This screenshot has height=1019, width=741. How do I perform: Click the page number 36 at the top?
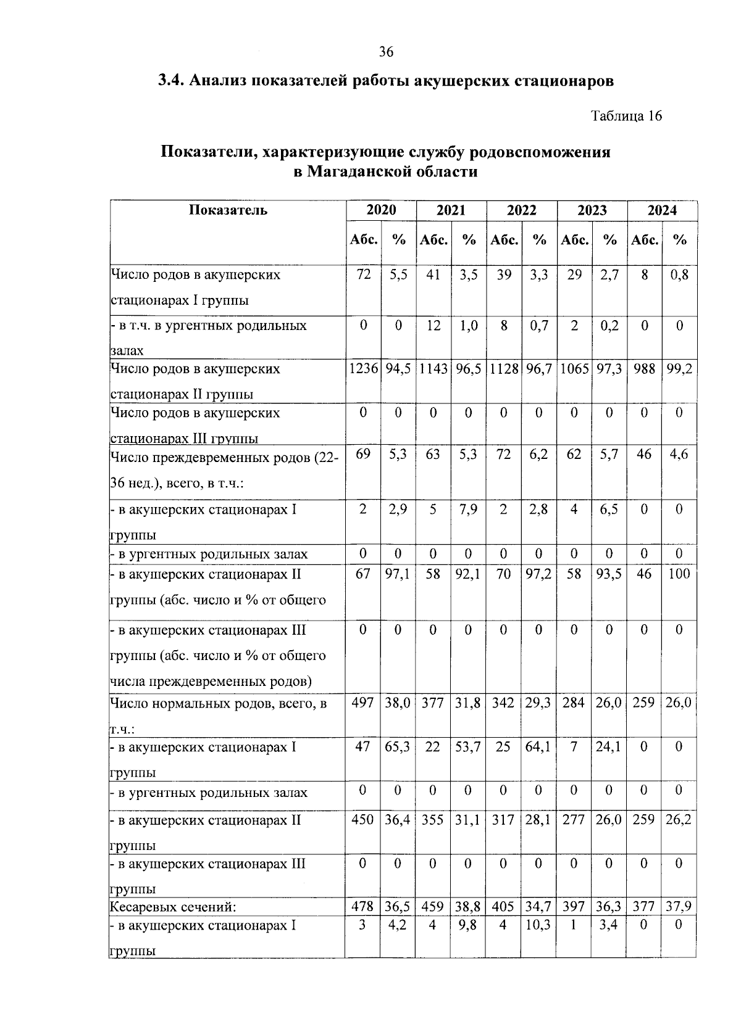[387, 52]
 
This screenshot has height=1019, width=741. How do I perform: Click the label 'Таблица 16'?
[626, 116]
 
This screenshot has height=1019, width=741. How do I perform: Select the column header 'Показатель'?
[228, 210]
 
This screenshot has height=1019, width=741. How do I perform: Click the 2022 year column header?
[521, 210]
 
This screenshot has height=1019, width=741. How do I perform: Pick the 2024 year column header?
[662, 210]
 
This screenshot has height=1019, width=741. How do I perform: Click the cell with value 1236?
[363, 369]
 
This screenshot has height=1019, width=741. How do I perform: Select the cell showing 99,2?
[679, 369]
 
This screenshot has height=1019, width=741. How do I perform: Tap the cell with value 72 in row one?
[363, 275]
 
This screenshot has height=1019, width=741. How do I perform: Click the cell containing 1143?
[433, 369]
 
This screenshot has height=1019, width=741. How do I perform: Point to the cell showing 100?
[679, 574]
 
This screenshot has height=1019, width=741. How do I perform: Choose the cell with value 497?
[363, 703]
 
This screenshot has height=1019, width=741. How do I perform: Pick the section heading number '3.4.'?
[170, 81]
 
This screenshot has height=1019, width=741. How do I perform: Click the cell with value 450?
[363, 820]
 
